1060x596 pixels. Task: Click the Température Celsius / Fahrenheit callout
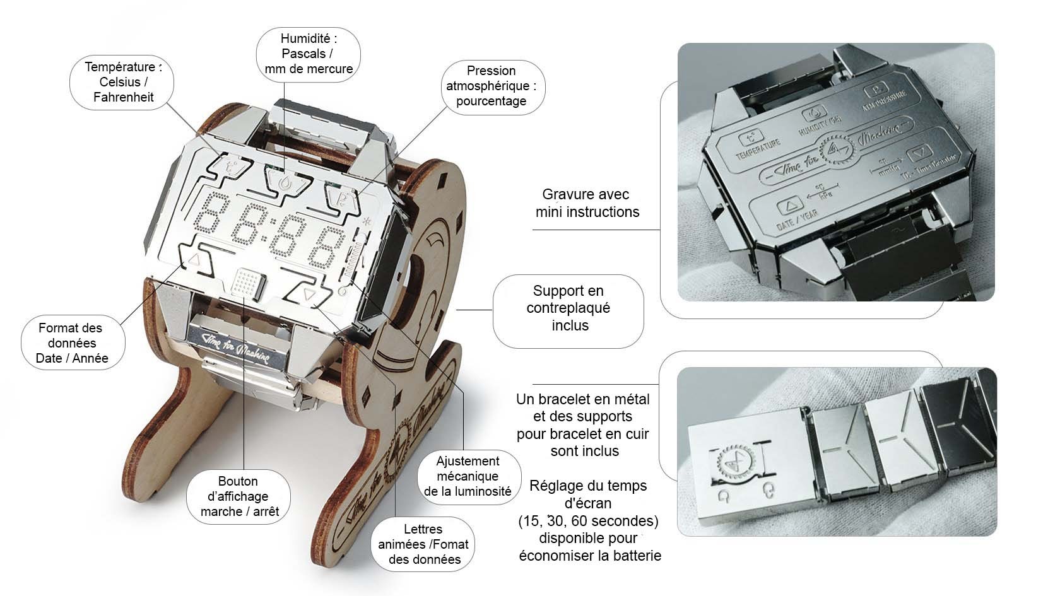pos(123,82)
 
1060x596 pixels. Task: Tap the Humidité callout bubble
pos(309,54)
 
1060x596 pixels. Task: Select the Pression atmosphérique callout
pos(491,86)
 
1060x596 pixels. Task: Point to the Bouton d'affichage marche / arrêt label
pos(239,496)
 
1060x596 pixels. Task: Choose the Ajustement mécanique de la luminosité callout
pos(468,477)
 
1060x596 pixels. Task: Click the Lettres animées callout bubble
pos(423,544)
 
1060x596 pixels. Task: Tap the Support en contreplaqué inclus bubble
pos(568,308)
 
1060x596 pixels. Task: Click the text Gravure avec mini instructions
pos(587,203)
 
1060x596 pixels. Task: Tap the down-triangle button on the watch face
pos(307,294)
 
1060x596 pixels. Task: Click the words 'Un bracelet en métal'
pos(582,399)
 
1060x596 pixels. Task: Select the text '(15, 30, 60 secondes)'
pos(588,522)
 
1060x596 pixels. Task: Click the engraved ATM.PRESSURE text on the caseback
pos(885,100)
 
